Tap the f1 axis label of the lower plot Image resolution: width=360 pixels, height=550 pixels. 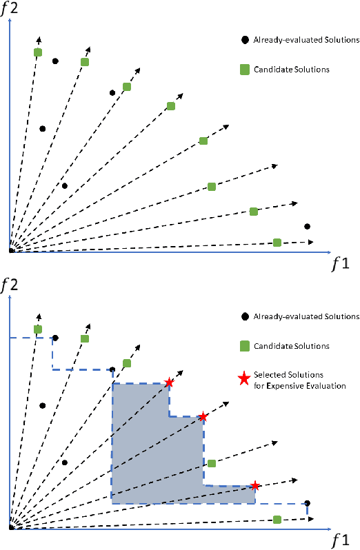(339, 538)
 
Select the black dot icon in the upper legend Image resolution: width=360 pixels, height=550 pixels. (244, 40)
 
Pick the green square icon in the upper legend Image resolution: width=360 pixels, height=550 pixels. (244, 69)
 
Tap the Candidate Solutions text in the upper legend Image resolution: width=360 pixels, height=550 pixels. (291, 69)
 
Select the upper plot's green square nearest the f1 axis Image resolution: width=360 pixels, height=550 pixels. (277, 242)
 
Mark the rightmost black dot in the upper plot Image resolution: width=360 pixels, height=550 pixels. (307, 226)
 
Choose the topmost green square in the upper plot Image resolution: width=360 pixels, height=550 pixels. (38, 52)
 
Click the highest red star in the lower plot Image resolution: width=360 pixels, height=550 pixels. (169, 383)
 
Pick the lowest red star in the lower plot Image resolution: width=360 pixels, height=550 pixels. (255, 485)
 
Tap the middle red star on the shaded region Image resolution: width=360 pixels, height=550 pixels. (203, 416)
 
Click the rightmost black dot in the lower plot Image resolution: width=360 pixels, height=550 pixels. (307, 503)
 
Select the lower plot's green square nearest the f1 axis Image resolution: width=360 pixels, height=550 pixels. (277, 519)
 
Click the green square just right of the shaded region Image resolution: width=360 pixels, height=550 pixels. (212, 463)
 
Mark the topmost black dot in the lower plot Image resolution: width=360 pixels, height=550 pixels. (55, 338)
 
